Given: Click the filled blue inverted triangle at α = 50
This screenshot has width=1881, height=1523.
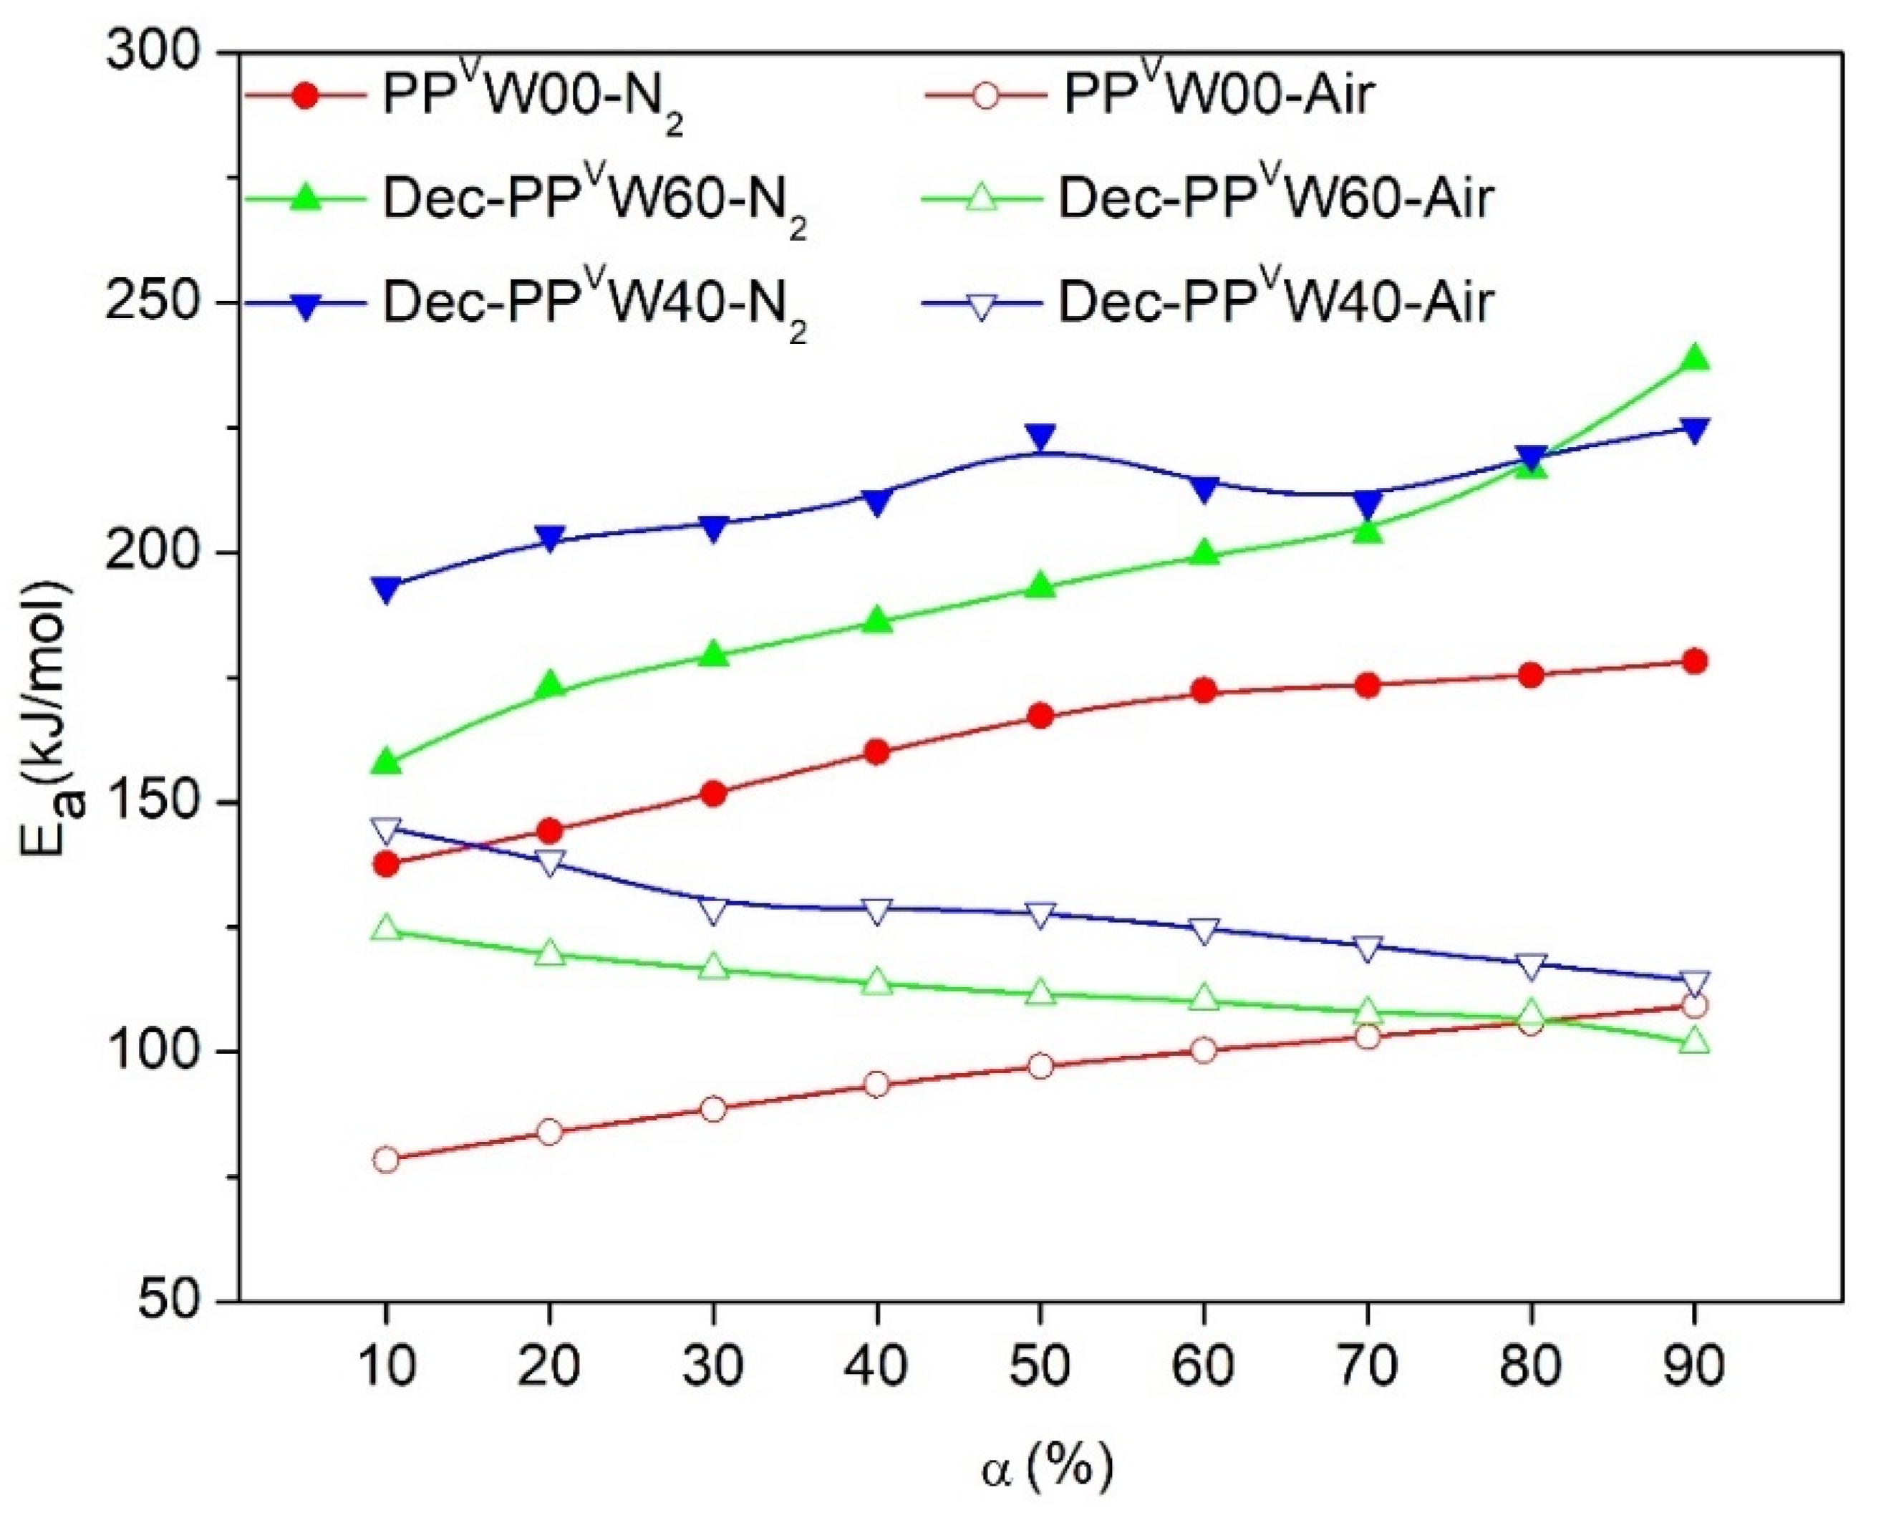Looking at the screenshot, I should click(x=1040, y=438).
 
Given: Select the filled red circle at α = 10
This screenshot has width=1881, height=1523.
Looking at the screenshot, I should click(x=386, y=864).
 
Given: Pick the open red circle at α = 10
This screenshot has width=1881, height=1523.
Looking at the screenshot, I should click(x=386, y=1160).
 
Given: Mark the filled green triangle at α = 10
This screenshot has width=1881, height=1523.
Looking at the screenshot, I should click(x=386, y=761).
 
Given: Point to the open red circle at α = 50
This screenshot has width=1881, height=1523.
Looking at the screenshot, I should click(x=1040, y=1067).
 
